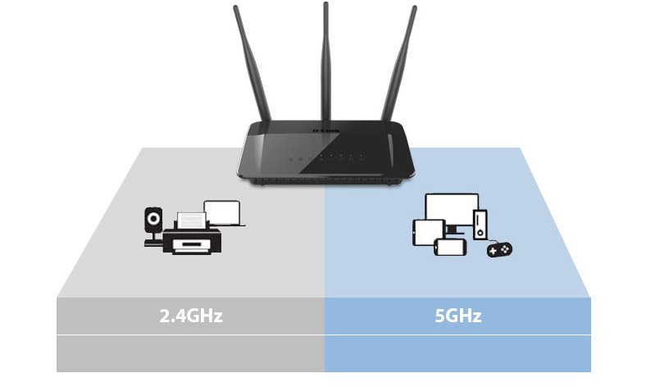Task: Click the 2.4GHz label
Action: pos(191,316)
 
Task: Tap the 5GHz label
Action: pos(458,316)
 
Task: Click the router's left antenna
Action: pos(252,63)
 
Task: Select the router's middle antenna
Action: pos(326,61)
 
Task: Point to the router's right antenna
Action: pos(399,63)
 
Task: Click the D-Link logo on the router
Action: pos(326,132)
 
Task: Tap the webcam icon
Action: pos(153,226)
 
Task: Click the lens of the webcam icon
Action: pos(153,218)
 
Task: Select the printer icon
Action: pos(192,234)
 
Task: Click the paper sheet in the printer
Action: pos(191,220)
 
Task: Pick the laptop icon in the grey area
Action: pos(224,214)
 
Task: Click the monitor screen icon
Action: pos(452,210)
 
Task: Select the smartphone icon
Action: pos(450,247)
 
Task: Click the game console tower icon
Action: pos(480,224)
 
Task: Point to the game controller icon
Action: pos(499,249)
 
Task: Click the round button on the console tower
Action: pos(480,233)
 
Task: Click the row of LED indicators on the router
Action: pos(326,158)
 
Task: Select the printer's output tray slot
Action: pos(191,244)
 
